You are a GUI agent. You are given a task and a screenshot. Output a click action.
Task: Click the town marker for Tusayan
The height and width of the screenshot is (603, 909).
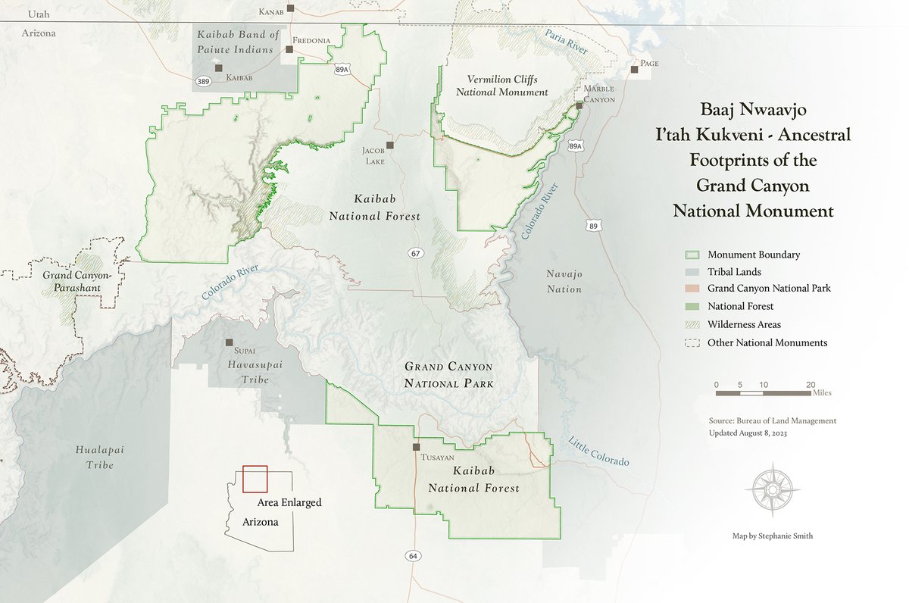tap(416, 447)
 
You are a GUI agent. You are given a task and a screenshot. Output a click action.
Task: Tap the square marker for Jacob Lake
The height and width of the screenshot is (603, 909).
tap(390, 145)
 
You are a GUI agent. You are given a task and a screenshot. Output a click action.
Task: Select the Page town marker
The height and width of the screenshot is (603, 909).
tap(634, 70)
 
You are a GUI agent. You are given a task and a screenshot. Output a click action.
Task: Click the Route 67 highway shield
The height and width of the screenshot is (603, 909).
tap(414, 252)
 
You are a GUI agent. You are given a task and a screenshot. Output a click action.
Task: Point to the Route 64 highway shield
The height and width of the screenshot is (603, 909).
tap(411, 556)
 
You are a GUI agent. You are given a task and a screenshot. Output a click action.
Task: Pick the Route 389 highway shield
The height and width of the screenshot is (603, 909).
tap(203, 81)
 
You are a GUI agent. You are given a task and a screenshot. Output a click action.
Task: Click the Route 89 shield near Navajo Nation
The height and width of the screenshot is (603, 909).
tap(592, 226)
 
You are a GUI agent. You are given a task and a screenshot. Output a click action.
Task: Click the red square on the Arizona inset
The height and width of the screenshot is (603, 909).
tap(255, 480)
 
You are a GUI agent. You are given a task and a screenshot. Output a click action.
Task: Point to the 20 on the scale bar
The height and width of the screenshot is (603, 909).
tap(811, 384)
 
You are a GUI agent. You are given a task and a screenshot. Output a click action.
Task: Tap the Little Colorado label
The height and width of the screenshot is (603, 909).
tap(598, 452)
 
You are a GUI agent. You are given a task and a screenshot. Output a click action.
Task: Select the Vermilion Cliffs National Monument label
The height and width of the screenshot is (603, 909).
tap(507, 86)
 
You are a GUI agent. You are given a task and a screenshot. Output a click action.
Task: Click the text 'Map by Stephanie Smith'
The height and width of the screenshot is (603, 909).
tap(773, 536)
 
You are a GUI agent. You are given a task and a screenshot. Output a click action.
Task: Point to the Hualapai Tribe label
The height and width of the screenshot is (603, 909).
tap(95, 457)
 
